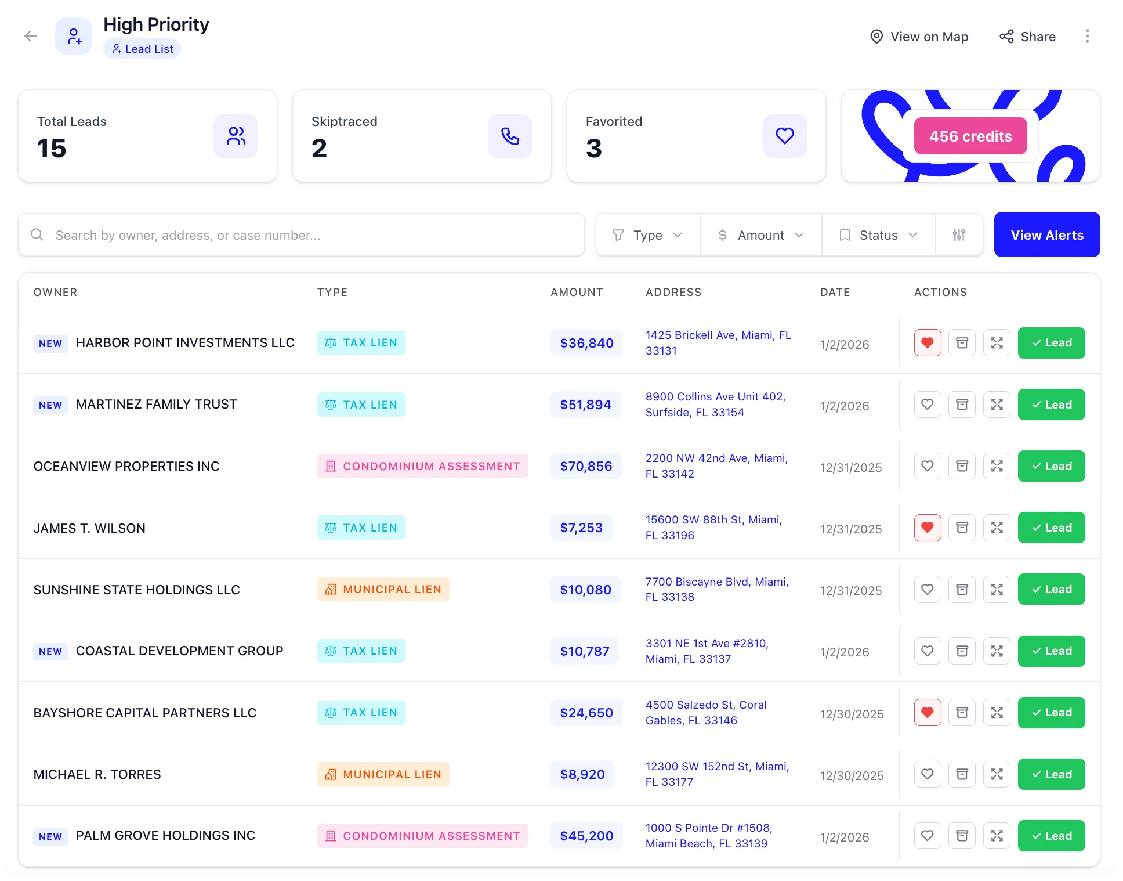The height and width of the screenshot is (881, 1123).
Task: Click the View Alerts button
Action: point(1046,234)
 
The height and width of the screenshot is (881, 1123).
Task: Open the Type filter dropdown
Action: point(647,235)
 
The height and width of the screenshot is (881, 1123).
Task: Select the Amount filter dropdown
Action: point(760,235)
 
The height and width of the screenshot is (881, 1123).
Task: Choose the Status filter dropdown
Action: point(878,235)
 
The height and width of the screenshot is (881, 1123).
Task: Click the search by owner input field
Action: point(301,235)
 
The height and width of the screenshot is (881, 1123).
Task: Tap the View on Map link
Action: point(919,37)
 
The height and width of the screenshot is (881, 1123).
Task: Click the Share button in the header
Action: point(1027,37)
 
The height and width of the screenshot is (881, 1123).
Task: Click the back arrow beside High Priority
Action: point(31,36)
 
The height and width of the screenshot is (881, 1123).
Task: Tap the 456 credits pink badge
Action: point(970,136)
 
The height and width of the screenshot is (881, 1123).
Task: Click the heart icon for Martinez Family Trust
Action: point(927,405)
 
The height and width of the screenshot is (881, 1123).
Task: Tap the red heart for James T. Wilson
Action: point(927,528)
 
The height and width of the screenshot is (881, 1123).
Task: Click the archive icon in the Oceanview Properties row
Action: point(962,466)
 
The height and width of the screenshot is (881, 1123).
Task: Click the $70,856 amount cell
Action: point(586,466)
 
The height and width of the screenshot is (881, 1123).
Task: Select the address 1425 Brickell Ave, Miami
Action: point(718,342)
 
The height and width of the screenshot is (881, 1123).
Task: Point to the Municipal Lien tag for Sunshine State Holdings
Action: point(383,589)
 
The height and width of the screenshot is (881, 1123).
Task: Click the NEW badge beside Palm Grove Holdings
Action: point(50,836)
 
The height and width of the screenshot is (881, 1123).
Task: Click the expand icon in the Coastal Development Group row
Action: point(997,651)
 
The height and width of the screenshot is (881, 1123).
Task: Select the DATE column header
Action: point(835,292)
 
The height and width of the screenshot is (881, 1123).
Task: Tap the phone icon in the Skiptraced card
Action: point(509,136)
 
